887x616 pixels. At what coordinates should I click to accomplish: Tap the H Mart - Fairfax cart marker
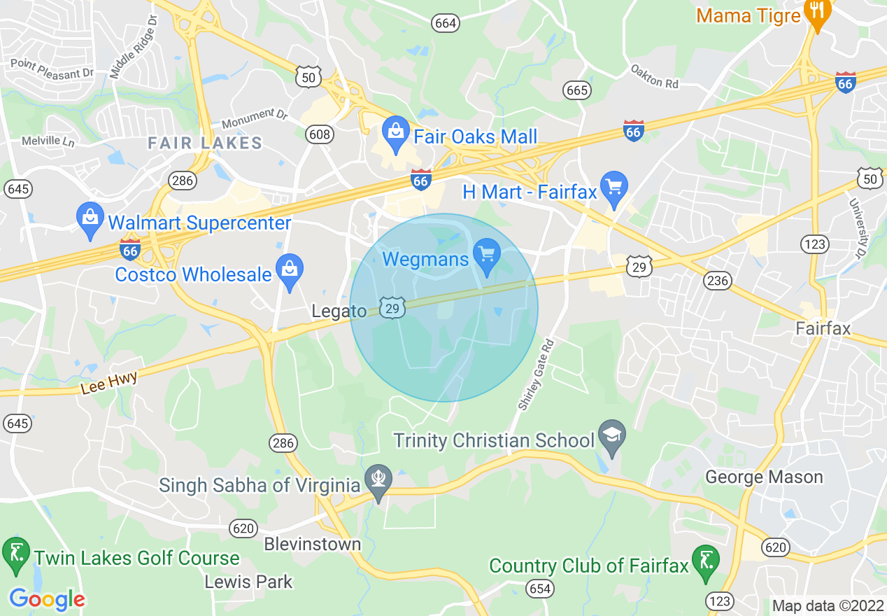coord(614,188)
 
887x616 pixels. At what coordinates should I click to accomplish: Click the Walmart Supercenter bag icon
coord(90,219)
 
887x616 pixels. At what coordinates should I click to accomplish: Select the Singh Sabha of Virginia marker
coord(379,481)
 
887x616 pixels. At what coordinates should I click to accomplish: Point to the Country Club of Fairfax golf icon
coord(706,562)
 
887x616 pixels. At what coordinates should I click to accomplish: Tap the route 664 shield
coord(445,23)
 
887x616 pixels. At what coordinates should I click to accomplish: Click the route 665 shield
coord(578,90)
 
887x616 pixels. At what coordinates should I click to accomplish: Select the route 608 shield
coord(320,134)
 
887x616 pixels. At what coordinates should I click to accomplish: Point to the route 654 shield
coord(540,589)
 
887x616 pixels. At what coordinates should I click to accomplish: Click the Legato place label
coord(339,311)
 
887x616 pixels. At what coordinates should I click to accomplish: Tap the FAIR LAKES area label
coord(205,143)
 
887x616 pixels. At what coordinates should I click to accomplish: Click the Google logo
coord(48,599)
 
